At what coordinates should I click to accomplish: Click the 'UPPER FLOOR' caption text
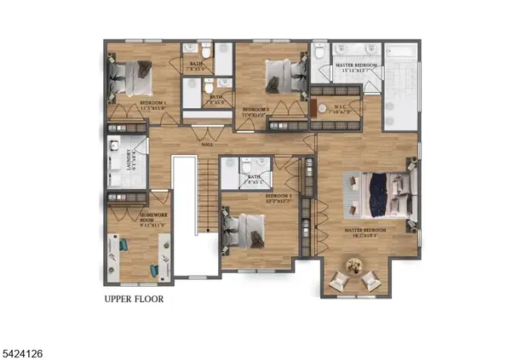(x=134, y=300)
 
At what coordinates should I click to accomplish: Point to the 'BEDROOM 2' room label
(x=255, y=110)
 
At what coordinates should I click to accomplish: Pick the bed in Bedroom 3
(x=246, y=228)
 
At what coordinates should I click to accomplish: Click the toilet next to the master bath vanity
(x=319, y=53)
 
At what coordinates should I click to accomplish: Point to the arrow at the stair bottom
(x=204, y=229)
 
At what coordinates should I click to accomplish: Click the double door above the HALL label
(x=202, y=132)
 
